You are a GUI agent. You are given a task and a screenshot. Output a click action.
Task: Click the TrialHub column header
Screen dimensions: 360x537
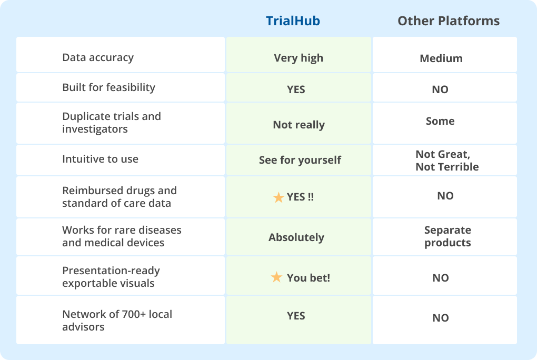[293, 21]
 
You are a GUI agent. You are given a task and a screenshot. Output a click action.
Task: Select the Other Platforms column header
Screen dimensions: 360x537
[448, 21]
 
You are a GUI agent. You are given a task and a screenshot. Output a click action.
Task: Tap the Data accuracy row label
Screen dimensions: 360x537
[98, 57]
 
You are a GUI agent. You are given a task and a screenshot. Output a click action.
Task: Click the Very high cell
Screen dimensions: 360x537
[299, 58]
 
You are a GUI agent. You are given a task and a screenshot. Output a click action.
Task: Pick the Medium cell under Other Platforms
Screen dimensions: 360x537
[441, 58]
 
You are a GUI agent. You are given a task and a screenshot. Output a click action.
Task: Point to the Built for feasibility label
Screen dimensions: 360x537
[108, 87]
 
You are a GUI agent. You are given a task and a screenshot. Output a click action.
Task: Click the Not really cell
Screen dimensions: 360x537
[299, 125]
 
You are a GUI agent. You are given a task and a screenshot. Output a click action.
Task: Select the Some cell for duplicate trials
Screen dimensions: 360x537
[440, 121]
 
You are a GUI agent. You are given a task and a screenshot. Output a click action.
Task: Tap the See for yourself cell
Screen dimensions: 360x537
[300, 160]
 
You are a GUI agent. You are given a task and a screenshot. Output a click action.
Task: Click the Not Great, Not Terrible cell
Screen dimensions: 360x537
[447, 161]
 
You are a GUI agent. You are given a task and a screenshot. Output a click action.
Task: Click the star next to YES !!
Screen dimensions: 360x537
[279, 198]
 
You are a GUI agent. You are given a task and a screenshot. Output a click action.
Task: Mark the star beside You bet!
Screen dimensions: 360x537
[276, 277]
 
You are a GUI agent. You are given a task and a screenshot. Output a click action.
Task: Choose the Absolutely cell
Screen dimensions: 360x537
[296, 237]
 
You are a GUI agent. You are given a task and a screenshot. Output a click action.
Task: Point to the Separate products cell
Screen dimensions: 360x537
[447, 236]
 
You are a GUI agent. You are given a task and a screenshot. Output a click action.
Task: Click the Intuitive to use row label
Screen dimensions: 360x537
[100, 159]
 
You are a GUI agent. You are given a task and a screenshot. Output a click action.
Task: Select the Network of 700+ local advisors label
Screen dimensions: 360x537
[117, 321]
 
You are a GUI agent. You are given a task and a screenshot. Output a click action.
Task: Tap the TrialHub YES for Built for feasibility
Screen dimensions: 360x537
[296, 89]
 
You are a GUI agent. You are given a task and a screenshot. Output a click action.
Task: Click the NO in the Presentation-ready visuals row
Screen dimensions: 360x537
[441, 278]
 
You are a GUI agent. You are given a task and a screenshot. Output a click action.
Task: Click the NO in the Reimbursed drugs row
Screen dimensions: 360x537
[445, 196]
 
